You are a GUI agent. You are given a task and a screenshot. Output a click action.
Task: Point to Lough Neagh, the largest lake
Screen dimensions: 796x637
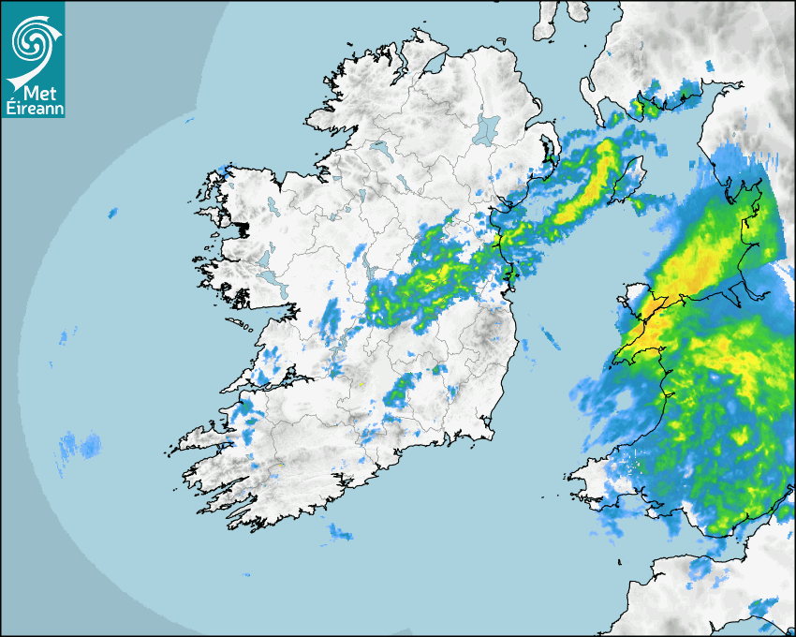coord(488,128)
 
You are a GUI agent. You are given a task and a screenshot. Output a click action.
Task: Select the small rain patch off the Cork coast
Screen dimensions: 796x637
coord(339,534)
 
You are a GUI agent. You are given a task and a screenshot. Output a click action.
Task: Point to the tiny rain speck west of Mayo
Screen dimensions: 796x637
coord(112,214)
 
